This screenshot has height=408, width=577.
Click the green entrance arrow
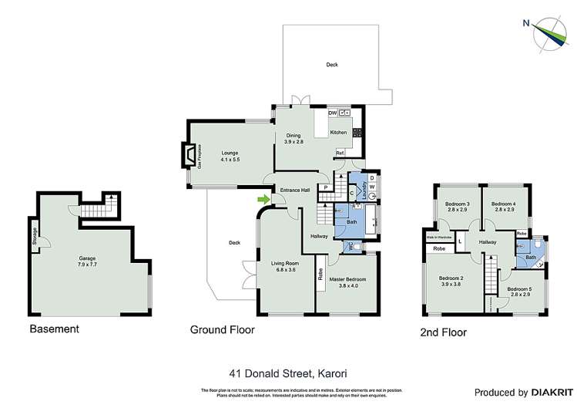[264, 201]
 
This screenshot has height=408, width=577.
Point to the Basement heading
[54, 329]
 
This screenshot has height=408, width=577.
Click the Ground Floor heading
[223, 329]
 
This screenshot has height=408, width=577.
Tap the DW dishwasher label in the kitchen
[333, 113]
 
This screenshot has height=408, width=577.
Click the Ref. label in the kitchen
[340, 152]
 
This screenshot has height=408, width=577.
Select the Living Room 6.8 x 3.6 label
[283, 266]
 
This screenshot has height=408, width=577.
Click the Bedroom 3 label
[457, 206]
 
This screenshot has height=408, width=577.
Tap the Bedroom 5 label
[518, 292]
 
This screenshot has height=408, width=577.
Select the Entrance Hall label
[294, 190]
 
